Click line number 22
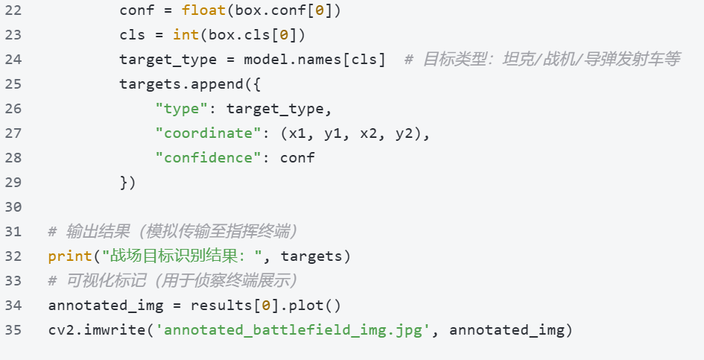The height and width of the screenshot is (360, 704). (13, 10)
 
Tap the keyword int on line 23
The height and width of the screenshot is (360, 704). (185, 35)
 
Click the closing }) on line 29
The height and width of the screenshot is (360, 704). (127, 183)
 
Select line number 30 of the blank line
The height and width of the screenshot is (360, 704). (13, 206)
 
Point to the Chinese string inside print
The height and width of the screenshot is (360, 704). (183, 256)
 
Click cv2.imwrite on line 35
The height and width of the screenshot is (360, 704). (97, 330)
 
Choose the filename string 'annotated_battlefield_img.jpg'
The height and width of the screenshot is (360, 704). (293, 330)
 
